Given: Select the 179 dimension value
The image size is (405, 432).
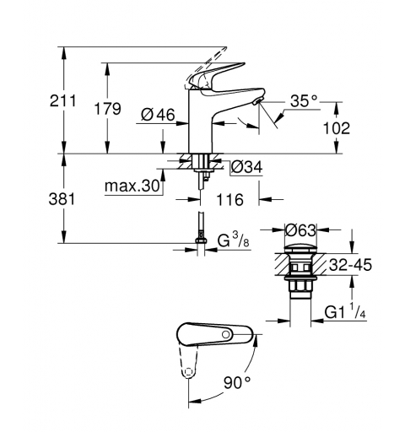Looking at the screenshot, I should click(105, 109).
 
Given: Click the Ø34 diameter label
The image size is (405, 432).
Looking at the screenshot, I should click(246, 166).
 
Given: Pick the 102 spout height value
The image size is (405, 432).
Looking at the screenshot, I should click(337, 129).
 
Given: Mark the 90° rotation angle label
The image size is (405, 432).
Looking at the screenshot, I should click(236, 383).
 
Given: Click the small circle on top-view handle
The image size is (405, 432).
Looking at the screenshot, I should click(228, 337).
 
